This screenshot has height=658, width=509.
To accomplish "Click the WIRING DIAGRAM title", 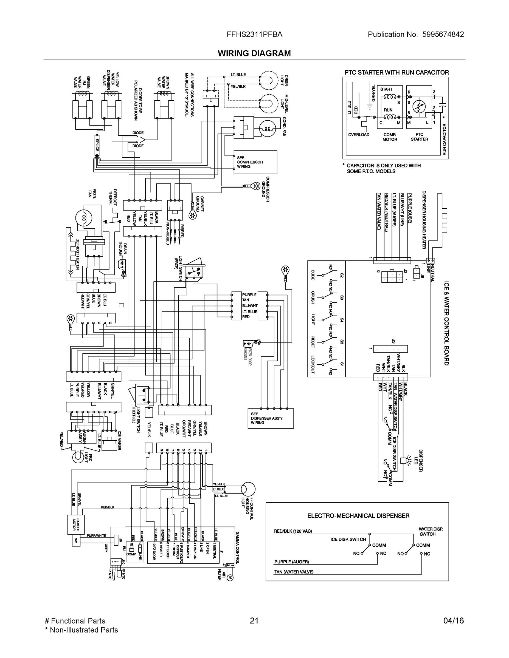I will point(254,53).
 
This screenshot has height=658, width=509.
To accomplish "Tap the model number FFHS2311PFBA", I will point(255,34).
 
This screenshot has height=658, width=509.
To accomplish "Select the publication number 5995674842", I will point(443,34).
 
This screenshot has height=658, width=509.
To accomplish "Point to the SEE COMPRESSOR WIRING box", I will point(255,162).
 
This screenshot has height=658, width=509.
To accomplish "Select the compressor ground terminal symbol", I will point(256,186).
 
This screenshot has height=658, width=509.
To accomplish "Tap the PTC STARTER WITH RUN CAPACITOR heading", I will point(396,73).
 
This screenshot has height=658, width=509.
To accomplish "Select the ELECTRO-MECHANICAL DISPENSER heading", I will point(358,516).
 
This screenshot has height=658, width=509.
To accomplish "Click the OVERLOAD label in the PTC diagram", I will point(359,135).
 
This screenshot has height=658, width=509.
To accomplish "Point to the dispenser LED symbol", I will point(404,460).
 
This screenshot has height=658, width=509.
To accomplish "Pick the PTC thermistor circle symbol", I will point(418,106).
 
